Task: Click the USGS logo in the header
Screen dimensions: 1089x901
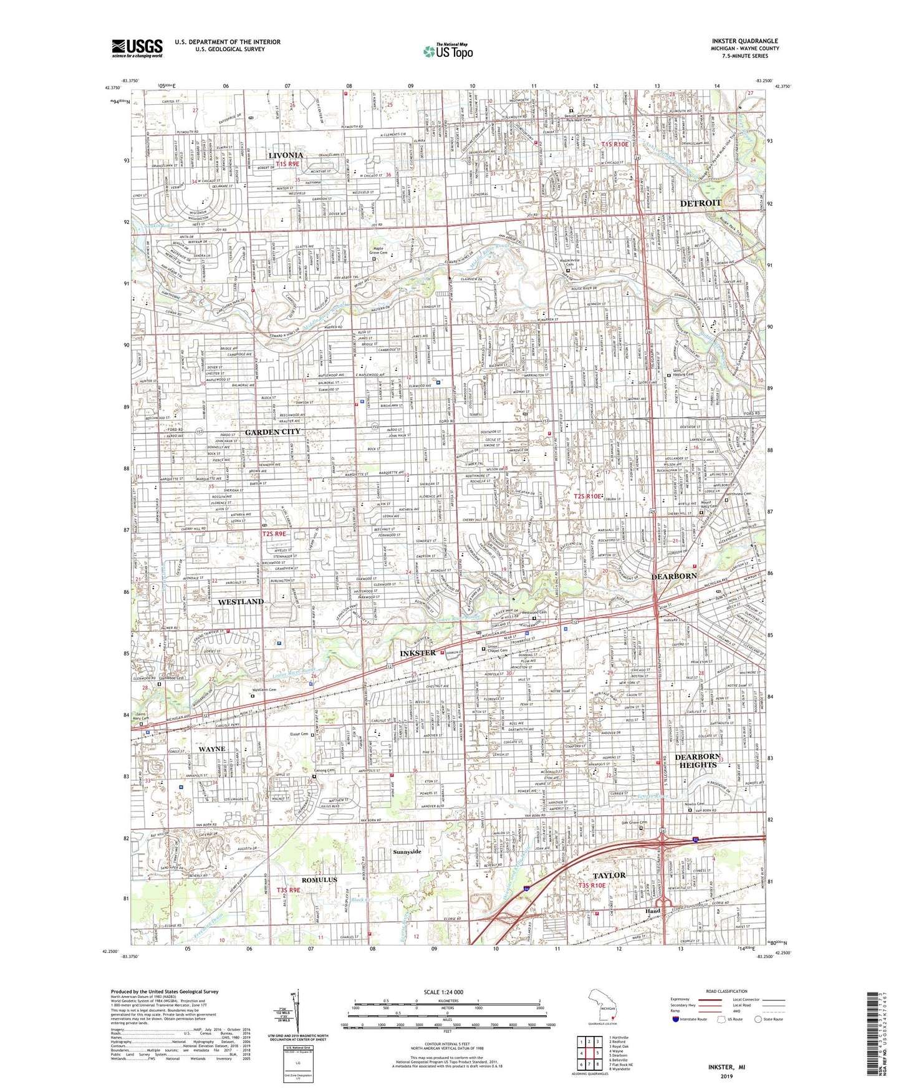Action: coord(137,47)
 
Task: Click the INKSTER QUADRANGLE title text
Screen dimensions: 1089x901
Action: coord(744,41)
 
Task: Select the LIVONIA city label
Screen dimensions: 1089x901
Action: coord(286,155)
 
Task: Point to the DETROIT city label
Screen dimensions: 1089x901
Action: coord(700,203)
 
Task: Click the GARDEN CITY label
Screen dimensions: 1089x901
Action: coord(272,432)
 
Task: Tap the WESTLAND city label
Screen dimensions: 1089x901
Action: coord(241,601)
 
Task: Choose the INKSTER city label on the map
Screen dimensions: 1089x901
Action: coord(417,652)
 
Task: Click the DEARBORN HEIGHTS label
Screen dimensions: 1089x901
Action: coord(698,760)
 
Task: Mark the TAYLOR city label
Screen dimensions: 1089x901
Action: coord(609,875)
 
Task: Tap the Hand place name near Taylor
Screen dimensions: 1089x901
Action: coord(652,911)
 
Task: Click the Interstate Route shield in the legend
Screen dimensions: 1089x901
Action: coord(676,1019)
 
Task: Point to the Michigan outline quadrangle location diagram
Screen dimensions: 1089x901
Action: coord(602,1005)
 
